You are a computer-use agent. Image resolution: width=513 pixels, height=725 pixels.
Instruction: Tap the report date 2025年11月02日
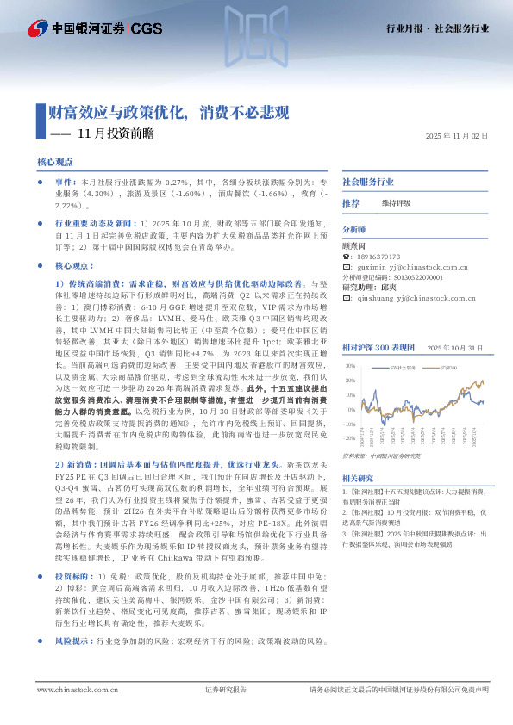pyautogui.click(x=457, y=136)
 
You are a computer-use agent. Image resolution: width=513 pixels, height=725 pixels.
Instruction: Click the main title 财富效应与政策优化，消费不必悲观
pyautogui.click(x=168, y=112)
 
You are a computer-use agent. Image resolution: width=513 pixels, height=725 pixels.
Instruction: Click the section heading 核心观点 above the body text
pyautogui.click(x=55, y=162)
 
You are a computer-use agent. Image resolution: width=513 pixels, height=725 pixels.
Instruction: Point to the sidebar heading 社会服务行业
pyautogui.click(x=368, y=183)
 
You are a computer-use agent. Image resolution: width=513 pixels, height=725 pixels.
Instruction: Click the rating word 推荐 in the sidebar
pyautogui.click(x=351, y=203)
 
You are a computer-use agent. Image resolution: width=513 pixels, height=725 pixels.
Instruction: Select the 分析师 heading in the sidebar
pyautogui.click(x=354, y=230)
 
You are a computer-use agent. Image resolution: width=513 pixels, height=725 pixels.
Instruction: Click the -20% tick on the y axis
pyautogui.click(x=350, y=424)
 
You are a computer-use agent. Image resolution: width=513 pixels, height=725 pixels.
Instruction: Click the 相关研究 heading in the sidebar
pyautogui.click(x=358, y=478)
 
